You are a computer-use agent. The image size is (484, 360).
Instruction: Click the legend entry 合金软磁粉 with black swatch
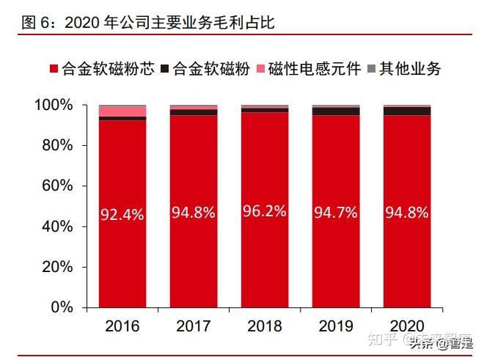coord(202,70)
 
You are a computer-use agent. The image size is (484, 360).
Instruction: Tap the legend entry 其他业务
coord(403,70)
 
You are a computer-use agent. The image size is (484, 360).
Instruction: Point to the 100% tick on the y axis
coord(54,106)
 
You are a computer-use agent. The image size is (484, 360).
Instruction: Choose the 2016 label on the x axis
coord(122,324)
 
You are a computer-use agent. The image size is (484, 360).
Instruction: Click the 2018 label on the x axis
coord(265,324)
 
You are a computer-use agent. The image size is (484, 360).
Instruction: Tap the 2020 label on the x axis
coord(407,324)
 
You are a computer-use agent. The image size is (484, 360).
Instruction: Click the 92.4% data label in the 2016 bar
coord(122,215)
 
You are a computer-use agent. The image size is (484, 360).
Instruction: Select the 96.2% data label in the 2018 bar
coord(265,212)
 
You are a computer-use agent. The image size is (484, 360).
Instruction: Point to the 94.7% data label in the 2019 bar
coord(336,213)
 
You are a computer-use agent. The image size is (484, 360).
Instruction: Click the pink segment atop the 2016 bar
coord(122,111)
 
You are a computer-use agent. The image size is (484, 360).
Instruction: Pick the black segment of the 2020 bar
coord(407,111)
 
